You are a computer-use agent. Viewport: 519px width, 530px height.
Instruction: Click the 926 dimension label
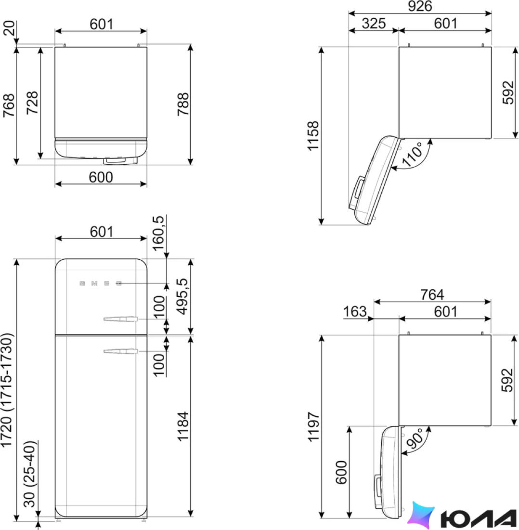point(420,6)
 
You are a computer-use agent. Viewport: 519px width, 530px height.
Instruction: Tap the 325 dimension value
point(374,23)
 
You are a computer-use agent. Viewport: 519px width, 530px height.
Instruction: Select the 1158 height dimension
point(313,135)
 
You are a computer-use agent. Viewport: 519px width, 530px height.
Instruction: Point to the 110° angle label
point(412,155)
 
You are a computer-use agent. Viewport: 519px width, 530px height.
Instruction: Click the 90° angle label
point(415,438)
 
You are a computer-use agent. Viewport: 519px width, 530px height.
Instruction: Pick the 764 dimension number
point(432,294)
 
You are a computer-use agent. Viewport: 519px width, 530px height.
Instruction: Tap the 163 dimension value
point(354,311)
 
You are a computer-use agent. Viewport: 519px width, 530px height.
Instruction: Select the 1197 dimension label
point(313,426)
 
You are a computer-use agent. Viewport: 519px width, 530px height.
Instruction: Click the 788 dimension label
point(183,104)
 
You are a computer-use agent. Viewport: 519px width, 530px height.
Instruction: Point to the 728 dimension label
point(32,103)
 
